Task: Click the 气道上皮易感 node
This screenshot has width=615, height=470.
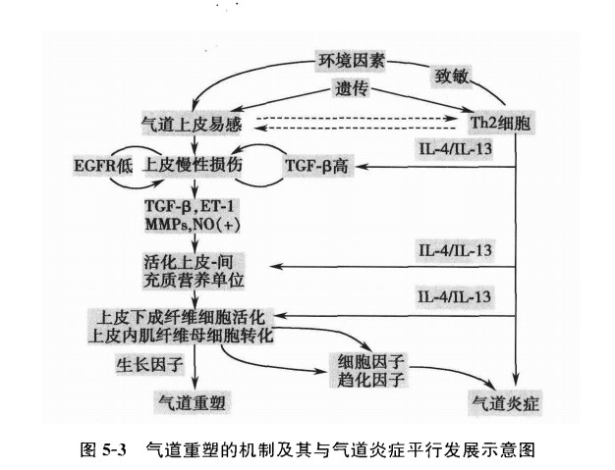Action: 192,124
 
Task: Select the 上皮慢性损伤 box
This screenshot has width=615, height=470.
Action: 193,164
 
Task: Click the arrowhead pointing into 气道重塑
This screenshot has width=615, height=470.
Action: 195,387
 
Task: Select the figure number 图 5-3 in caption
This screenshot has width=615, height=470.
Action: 102,450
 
